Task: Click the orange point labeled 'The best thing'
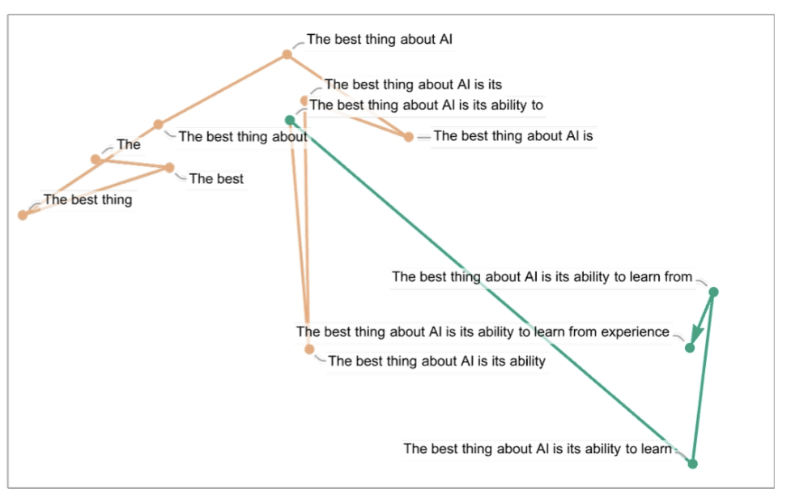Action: (23, 215)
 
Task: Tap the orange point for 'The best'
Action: (169, 168)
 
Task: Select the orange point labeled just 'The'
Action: (96, 159)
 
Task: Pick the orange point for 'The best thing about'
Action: (159, 125)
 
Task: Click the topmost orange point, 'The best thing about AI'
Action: (287, 54)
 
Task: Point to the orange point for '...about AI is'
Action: (409, 137)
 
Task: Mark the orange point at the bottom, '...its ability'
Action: (309, 349)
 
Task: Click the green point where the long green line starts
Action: (290, 120)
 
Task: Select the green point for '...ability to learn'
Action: (692, 464)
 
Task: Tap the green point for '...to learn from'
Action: (713, 292)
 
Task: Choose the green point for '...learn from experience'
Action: (690, 348)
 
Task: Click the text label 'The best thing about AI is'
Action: (513, 136)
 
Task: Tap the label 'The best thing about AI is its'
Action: (413, 84)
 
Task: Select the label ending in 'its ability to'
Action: (426, 105)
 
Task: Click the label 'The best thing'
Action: (87, 199)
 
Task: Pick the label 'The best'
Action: (216, 179)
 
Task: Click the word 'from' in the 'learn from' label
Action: (678, 276)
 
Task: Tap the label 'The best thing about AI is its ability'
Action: (436, 361)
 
